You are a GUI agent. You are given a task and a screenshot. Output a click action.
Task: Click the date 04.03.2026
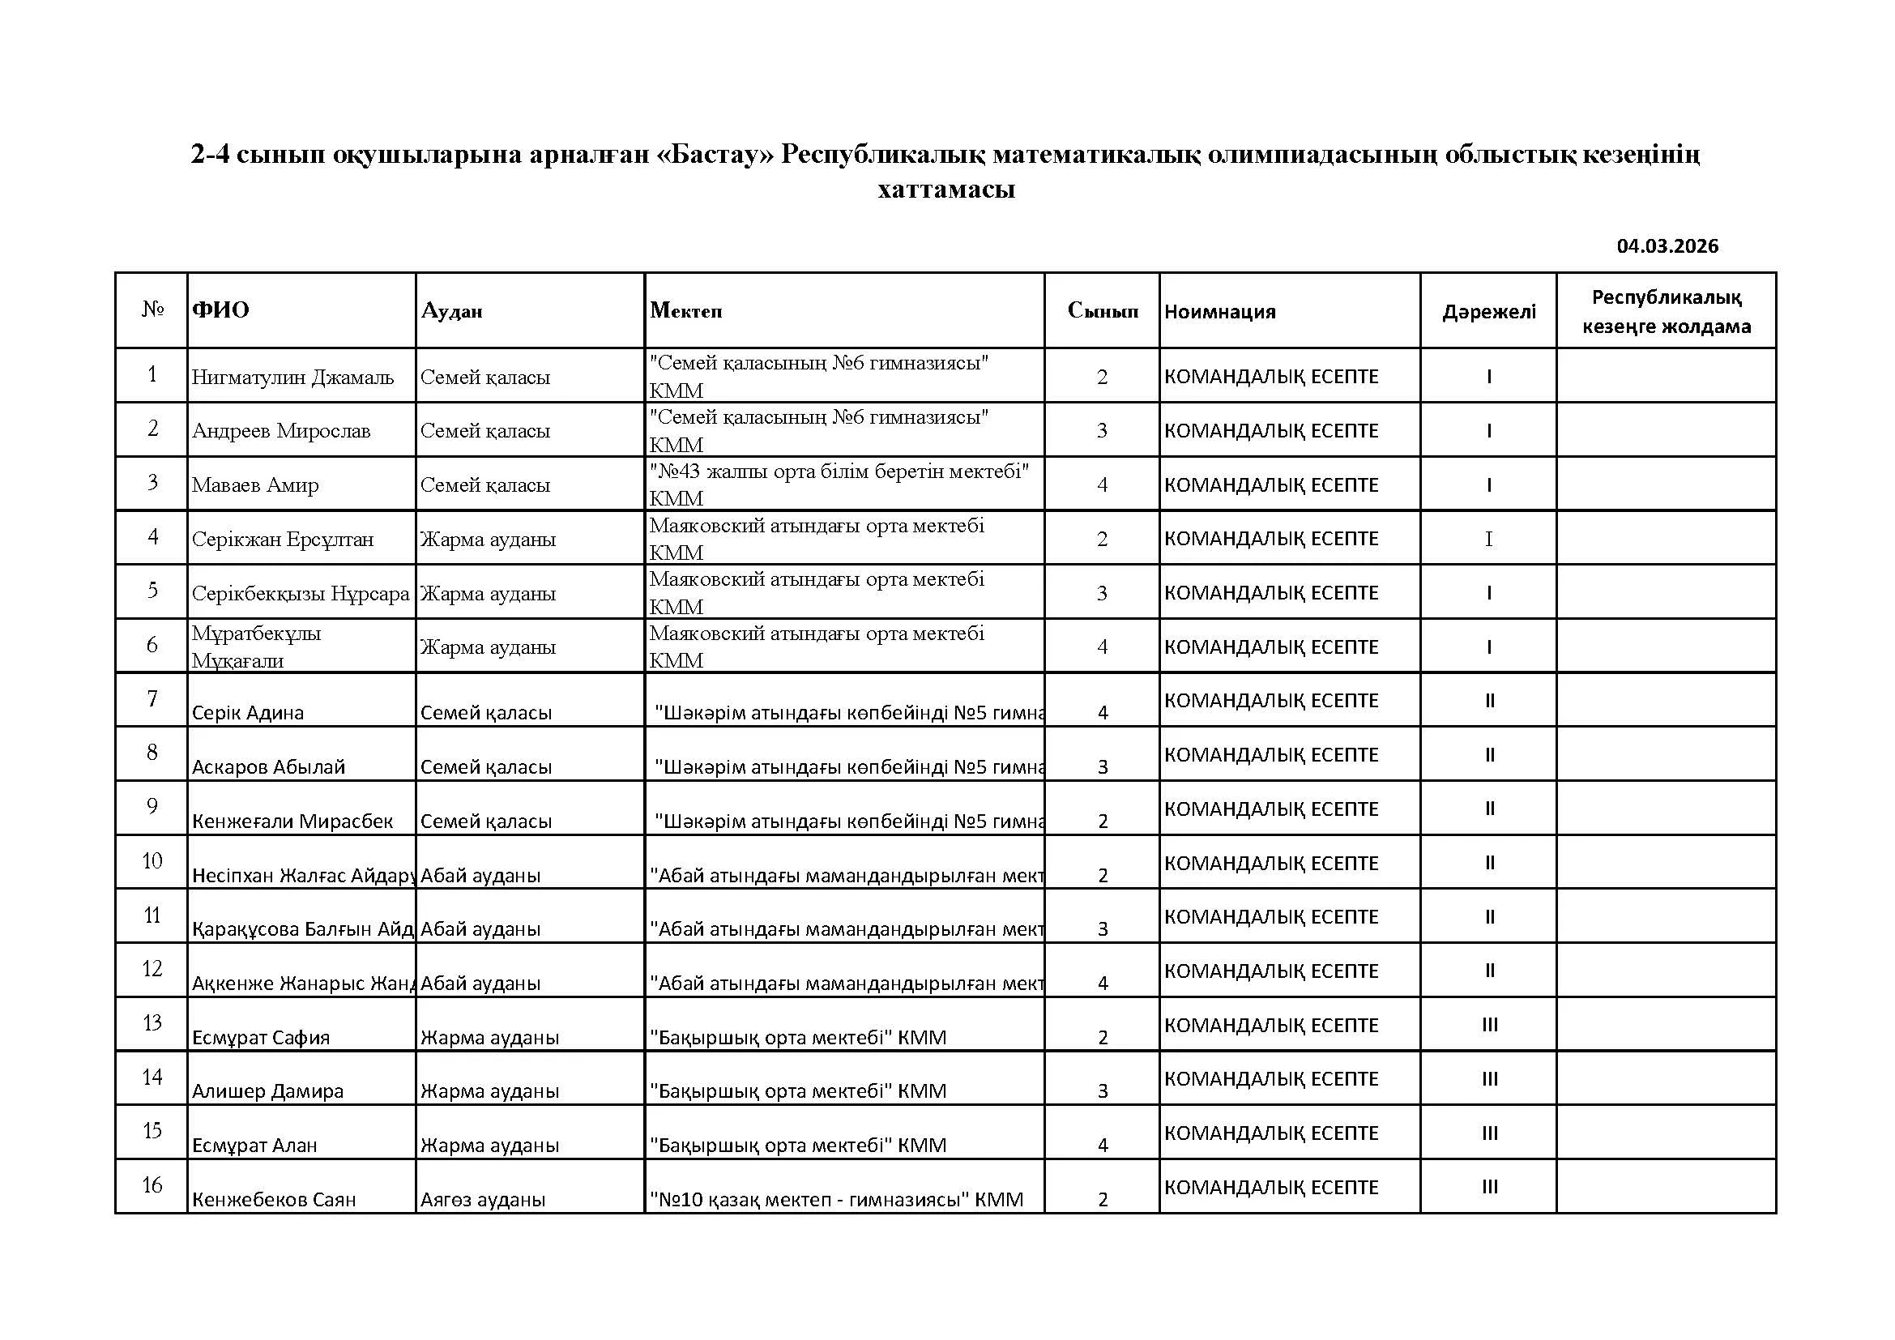pyautogui.click(x=1667, y=246)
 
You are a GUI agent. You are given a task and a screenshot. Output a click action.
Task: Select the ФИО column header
pyautogui.click(x=220, y=310)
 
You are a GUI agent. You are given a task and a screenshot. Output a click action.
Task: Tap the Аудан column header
pyautogui.click(x=451, y=311)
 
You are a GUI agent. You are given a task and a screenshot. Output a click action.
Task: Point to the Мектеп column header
pyautogui.click(x=685, y=310)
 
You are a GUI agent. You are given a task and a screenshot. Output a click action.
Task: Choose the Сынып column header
pyautogui.click(x=1102, y=310)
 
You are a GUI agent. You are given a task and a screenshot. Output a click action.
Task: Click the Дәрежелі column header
pyautogui.click(x=1488, y=312)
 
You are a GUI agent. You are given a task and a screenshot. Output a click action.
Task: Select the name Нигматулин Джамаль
pyautogui.click(x=292, y=377)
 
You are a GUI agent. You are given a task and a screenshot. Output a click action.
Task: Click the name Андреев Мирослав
pyautogui.click(x=280, y=431)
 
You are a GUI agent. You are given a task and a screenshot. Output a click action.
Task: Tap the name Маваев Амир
pyautogui.click(x=255, y=485)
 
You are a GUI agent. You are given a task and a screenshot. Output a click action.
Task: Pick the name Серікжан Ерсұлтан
pyautogui.click(x=282, y=540)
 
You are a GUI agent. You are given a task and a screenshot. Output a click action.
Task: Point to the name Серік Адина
pyautogui.click(x=248, y=713)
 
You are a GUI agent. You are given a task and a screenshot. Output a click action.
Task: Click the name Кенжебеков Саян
pyautogui.click(x=273, y=1200)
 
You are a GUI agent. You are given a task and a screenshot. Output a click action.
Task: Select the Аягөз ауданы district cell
pyautogui.click(x=483, y=1200)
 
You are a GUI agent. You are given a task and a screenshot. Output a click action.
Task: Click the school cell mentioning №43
pyautogui.click(x=839, y=484)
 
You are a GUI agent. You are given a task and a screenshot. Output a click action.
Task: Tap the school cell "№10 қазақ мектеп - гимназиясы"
pyautogui.click(x=836, y=1200)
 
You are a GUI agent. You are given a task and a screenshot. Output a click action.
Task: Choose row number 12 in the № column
pyautogui.click(x=152, y=969)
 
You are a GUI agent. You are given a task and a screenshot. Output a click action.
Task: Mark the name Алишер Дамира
pyautogui.click(x=267, y=1091)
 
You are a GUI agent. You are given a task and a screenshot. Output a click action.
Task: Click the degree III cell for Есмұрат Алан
pyautogui.click(x=1489, y=1133)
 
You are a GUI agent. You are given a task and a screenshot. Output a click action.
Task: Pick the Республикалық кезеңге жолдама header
pyautogui.click(x=1666, y=312)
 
